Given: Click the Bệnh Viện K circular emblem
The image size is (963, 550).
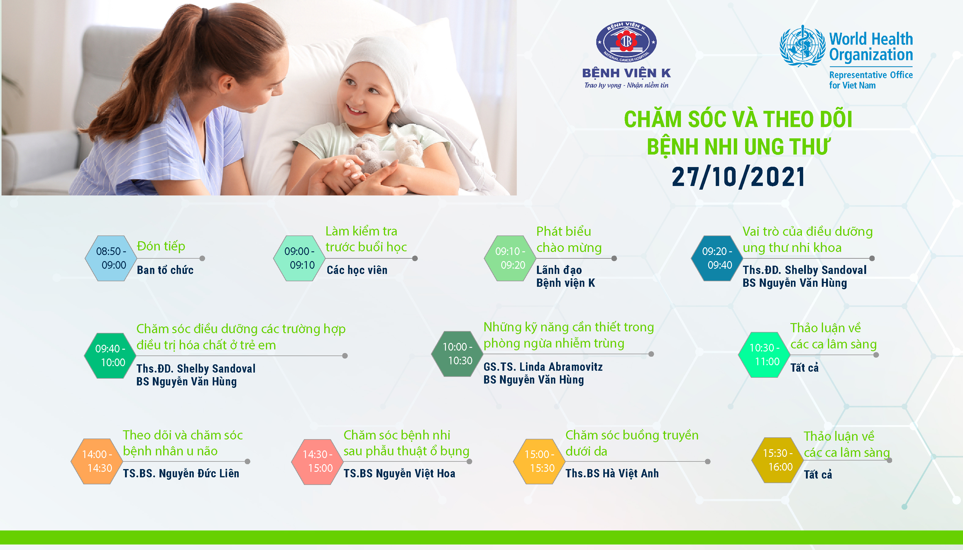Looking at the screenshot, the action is [x=626, y=42].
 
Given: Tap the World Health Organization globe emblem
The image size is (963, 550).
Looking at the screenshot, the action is [x=802, y=46].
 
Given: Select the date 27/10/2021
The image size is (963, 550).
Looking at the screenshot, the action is [x=738, y=177].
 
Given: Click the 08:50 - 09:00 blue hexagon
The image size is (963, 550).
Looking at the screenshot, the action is [x=111, y=258].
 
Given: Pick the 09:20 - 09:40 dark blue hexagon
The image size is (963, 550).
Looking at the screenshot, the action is [x=717, y=258].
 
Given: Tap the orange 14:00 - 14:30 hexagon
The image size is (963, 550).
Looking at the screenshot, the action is [x=97, y=461].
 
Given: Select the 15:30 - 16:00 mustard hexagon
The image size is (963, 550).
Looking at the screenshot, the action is [x=777, y=460].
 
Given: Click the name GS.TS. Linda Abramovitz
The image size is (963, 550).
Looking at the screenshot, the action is [x=543, y=367].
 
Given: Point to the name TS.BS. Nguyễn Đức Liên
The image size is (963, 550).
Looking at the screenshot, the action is [x=181, y=473].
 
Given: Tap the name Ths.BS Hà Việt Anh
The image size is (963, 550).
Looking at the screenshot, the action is [x=612, y=473].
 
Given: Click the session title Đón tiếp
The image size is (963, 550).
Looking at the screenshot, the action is [x=161, y=246].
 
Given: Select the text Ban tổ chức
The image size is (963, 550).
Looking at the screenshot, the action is [x=165, y=270].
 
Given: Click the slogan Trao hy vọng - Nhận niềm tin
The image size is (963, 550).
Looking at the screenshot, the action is [x=626, y=86].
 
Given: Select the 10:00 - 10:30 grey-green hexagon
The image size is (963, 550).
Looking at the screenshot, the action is [x=457, y=354].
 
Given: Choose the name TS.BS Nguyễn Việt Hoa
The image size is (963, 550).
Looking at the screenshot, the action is [x=399, y=473].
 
